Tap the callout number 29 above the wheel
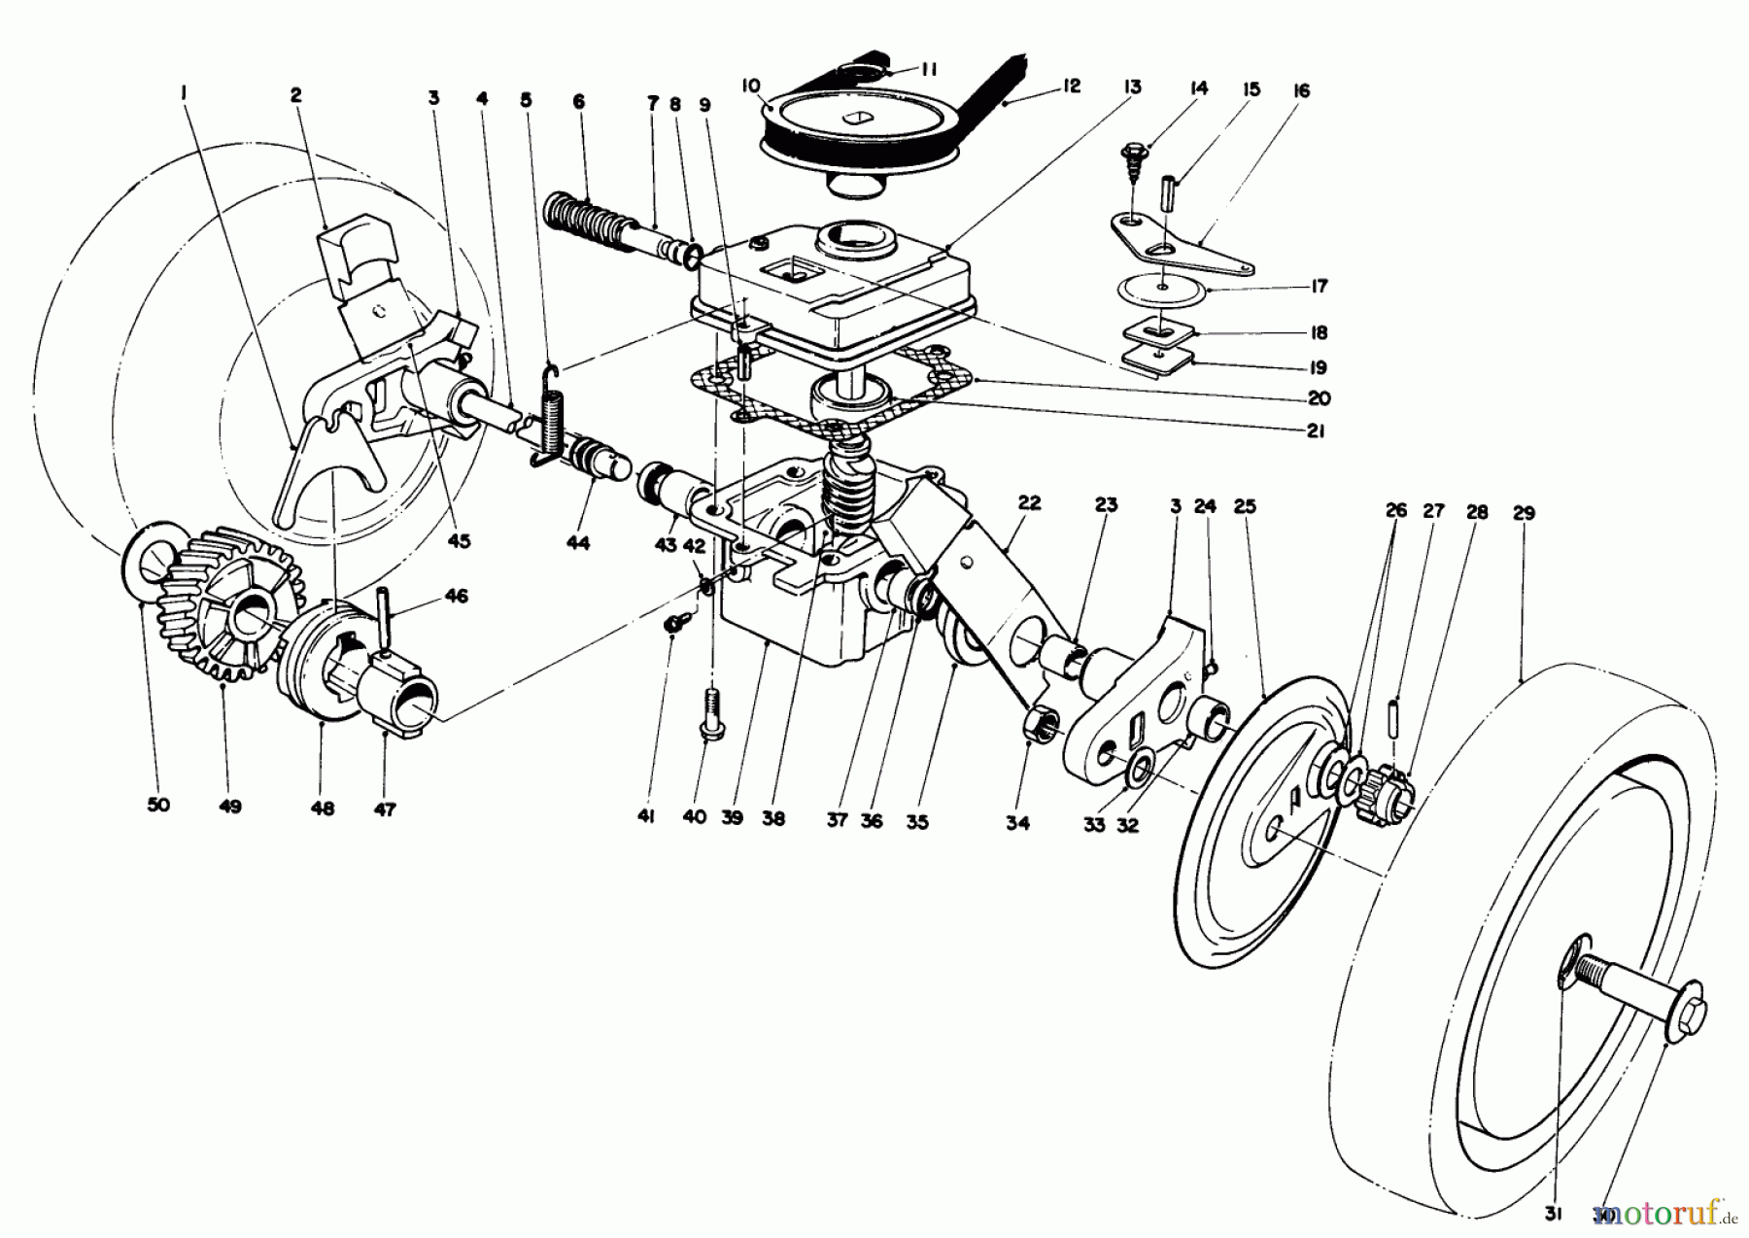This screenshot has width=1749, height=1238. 1523,513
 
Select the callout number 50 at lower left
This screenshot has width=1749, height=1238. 157,806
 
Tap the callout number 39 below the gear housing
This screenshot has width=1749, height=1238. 732,818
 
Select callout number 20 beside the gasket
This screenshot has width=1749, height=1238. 1319,398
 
